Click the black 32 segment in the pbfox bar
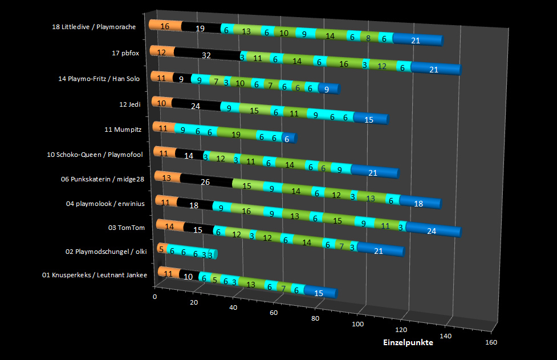coord(206,55)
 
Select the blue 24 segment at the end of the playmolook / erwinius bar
coord(432,230)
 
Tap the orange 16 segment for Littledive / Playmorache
coord(165,26)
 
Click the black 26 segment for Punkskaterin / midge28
coord(205,182)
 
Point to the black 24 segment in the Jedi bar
coord(196,106)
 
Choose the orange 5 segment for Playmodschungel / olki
coord(161,249)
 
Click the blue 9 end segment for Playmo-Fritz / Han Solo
coord(327,89)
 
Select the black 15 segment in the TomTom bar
coord(198,229)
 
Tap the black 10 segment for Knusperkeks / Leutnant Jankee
coord(188,276)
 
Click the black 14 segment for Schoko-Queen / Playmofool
coord(189,155)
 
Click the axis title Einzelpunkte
coord(408,342)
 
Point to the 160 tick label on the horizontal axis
coord(491,342)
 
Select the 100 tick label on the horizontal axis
coord(358,324)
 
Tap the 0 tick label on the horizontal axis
coord(155,297)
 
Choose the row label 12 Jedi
coord(131,104)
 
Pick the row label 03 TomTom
coord(126,228)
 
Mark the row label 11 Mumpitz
coord(124,130)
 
